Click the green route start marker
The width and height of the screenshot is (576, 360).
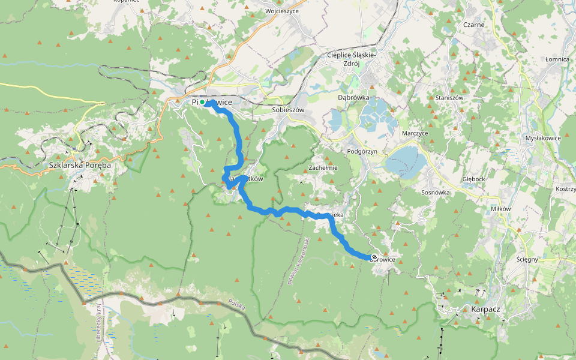pyautogui.click(x=203, y=103)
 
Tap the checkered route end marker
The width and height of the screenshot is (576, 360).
pyautogui.click(x=374, y=257)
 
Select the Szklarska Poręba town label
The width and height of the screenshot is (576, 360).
pyautogui.click(x=81, y=164)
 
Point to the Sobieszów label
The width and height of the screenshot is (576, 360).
pyautogui.click(x=289, y=110)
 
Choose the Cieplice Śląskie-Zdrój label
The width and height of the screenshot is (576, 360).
pyautogui.click(x=352, y=59)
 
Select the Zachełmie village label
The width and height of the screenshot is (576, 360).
pyautogui.click(x=323, y=168)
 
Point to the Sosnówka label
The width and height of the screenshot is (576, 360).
pyautogui.click(x=436, y=193)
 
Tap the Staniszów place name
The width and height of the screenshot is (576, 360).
pyautogui.click(x=449, y=97)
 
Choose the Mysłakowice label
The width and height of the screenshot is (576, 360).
pyautogui.click(x=542, y=138)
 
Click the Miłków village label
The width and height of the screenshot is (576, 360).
pyautogui.click(x=500, y=208)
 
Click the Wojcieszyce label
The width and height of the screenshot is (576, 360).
pyautogui.click(x=281, y=11)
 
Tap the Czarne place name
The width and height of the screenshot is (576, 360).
pyautogui.click(x=473, y=25)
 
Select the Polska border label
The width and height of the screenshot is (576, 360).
pyautogui.click(x=236, y=305)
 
